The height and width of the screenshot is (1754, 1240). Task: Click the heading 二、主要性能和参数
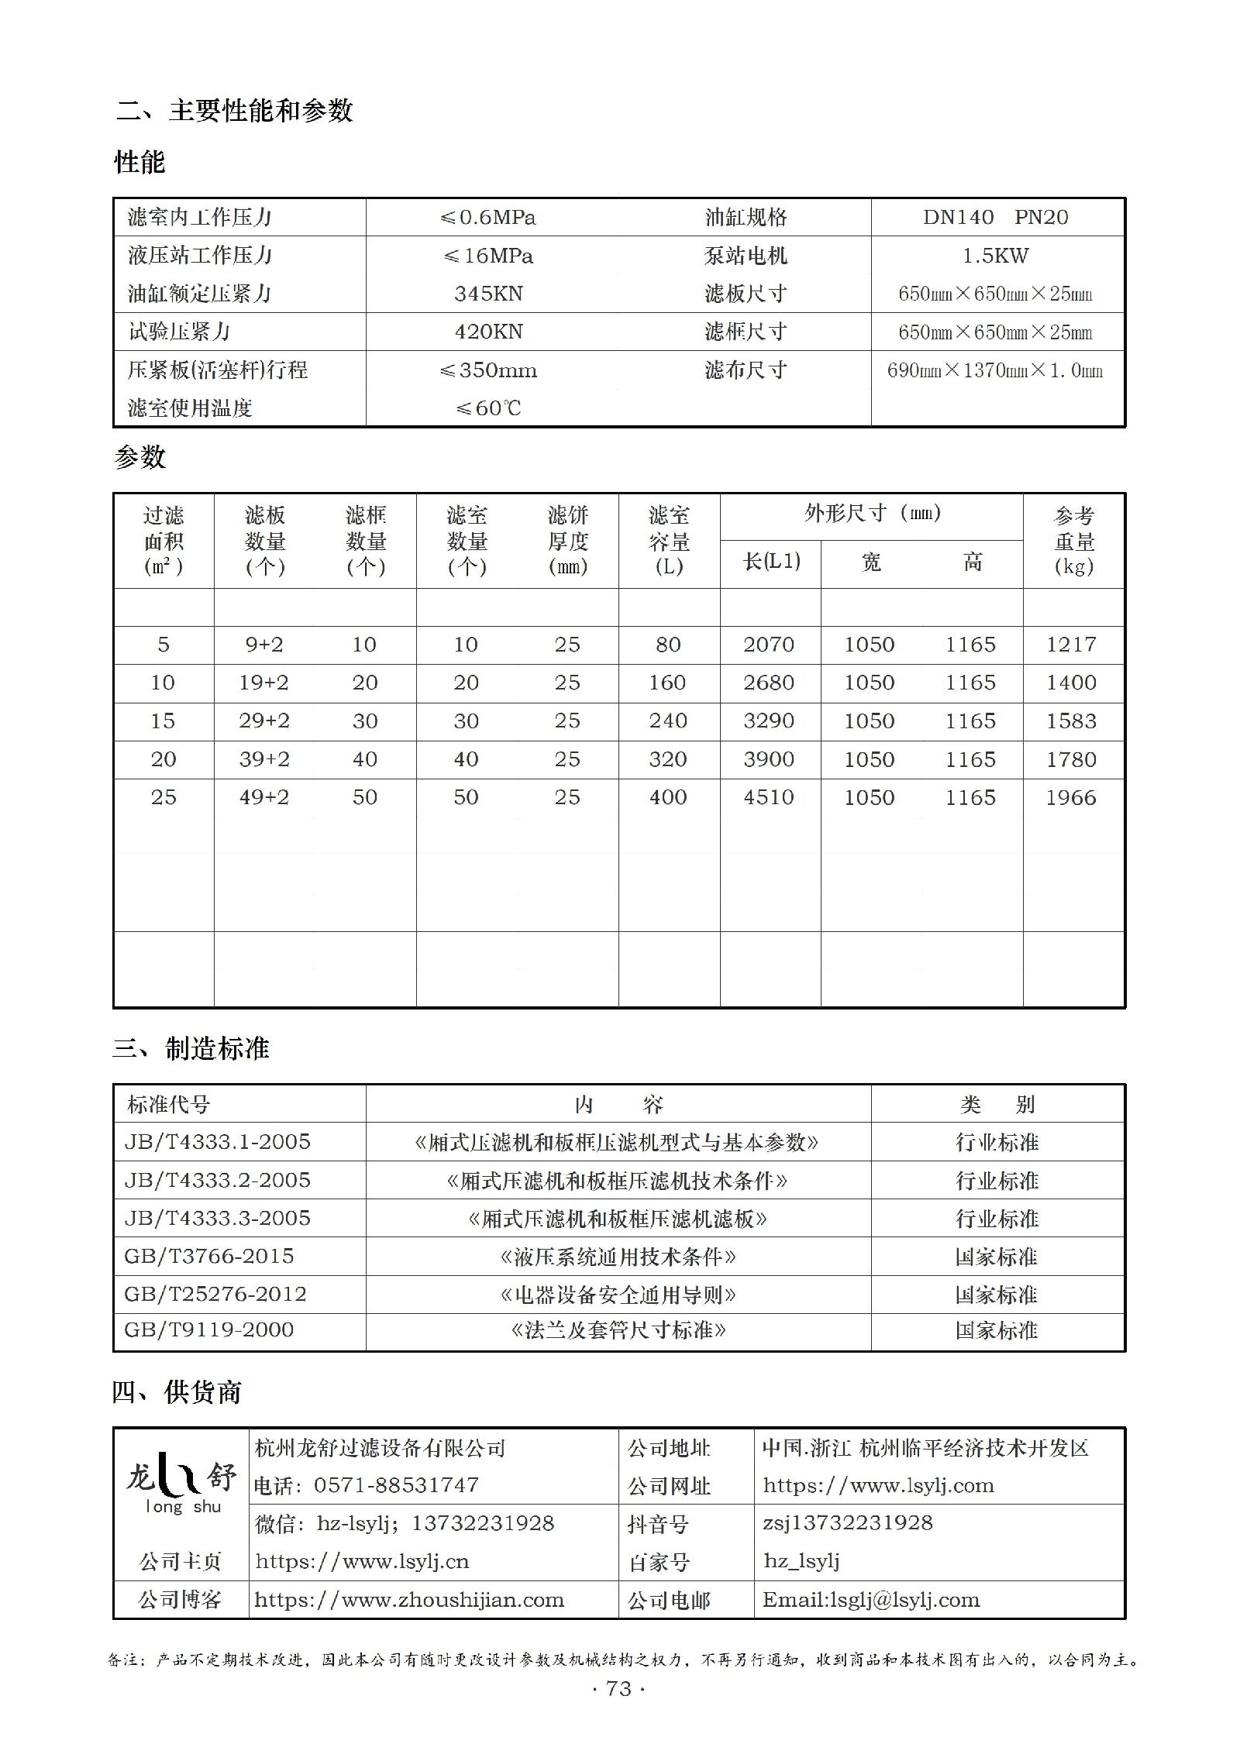235,111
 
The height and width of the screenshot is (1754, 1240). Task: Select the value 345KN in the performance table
488,294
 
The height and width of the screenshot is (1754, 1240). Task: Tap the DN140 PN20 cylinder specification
995,218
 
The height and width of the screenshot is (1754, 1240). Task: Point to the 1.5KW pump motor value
995,256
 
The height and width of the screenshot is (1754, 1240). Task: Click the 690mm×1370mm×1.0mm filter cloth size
995,370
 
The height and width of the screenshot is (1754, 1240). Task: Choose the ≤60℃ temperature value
488,408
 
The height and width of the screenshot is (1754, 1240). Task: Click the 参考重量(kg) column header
1073,541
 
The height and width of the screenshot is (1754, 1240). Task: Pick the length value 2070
769,645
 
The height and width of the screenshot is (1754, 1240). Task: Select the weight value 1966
1071,797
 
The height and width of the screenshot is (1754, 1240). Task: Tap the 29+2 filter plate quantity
264,721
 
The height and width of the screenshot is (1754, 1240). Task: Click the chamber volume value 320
668,759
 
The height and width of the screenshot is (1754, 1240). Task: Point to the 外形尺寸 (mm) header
872,513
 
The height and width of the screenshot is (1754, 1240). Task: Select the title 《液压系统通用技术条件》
618,1256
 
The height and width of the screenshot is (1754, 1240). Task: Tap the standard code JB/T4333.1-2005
218,1142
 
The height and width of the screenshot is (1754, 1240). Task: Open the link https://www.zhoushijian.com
409,1600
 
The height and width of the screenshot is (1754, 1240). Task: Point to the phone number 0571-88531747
396,1485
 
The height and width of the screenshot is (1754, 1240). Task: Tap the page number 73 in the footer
618,1688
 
